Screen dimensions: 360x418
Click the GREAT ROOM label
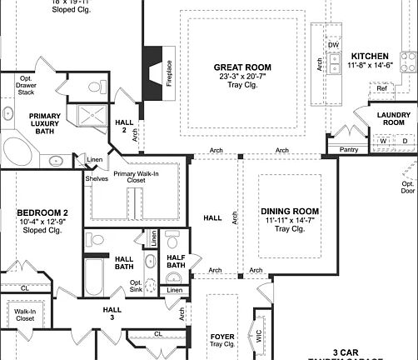click(x=242, y=67)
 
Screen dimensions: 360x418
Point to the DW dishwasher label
click(x=333, y=44)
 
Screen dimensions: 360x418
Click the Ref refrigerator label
click(x=381, y=87)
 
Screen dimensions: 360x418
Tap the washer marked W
click(x=384, y=141)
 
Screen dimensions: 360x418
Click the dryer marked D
click(x=405, y=141)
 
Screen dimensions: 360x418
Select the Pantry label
click(x=350, y=150)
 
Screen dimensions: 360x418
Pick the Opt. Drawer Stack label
click(x=27, y=84)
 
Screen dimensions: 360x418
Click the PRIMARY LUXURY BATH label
click(x=42, y=122)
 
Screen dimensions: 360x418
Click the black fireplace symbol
click(x=151, y=70)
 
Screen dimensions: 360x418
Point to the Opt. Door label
click(x=408, y=187)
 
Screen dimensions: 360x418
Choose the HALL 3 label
click(x=112, y=312)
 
